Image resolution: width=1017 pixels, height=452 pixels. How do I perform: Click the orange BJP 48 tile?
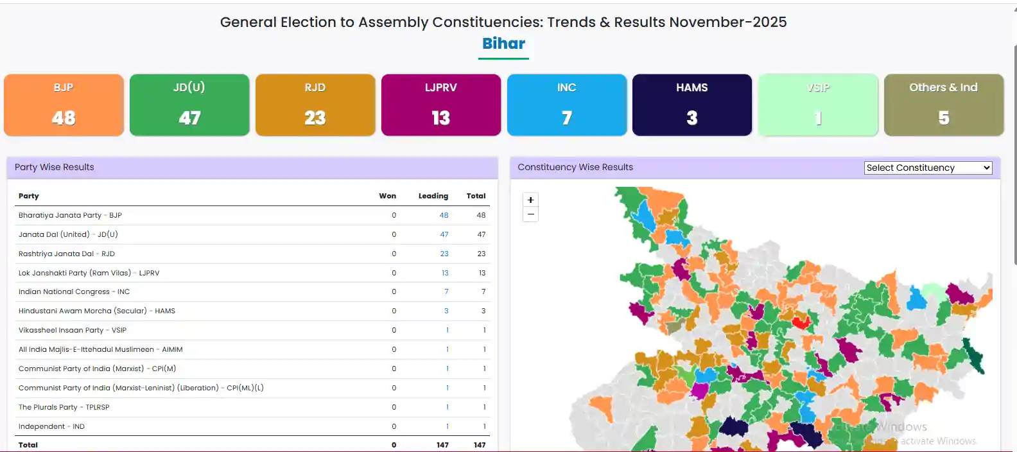[x=64, y=105]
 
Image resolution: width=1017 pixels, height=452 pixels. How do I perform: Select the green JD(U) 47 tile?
[x=189, y=105]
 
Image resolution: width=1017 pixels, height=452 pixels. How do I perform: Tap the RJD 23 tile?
[x=315, y=105]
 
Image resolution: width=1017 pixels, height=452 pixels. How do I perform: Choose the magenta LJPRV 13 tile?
[x=441, y=105]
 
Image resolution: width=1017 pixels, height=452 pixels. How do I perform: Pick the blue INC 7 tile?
[x=567, y=105]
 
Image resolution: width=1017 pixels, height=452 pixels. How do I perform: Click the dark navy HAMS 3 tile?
[x=692, y=105]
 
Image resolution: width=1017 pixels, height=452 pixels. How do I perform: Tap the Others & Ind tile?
[x=944, y=105]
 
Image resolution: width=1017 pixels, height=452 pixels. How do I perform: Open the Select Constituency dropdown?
[x=928, y=168]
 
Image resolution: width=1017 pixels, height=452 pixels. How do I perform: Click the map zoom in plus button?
[x=530, y=200]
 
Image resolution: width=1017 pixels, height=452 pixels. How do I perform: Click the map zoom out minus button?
[x=530, y=214]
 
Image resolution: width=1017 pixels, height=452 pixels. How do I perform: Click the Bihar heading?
[x=504, y=44]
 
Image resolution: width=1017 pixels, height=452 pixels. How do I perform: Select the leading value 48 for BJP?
[x=444, y=216]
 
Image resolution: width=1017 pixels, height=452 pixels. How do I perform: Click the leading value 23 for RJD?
[x=444, y=254]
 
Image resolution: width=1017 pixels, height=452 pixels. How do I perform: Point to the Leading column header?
[x=433, y=196]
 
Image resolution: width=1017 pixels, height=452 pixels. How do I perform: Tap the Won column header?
[x=387, y=196]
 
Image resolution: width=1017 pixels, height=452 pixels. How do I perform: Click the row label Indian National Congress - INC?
[x=74, y=292]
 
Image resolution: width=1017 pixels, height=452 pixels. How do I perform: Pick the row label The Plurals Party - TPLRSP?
[x=64, y=408]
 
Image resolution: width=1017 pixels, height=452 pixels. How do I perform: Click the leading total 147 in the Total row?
[x=442, y=445]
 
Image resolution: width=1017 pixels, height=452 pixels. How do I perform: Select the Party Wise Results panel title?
[x=55, y=168]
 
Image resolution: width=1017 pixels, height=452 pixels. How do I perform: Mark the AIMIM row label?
[x=100, y=350]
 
